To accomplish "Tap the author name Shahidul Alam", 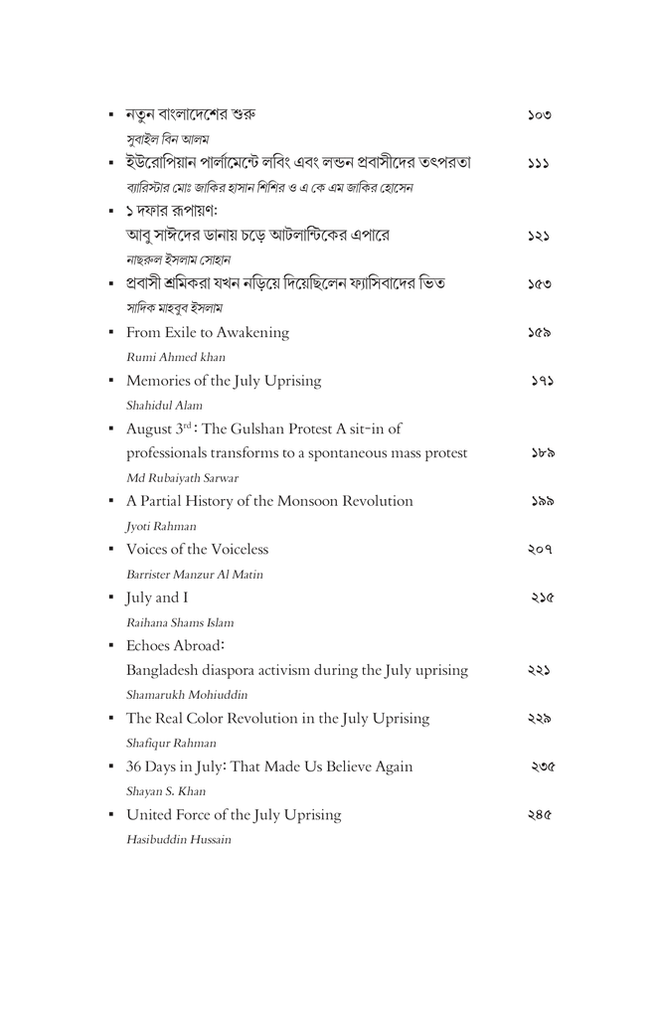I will click(x=164, y=405).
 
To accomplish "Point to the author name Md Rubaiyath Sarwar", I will click(x=182, y=477).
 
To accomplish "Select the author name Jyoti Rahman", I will click(x=161, y=526).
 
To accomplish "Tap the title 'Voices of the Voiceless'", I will click(x=197, y=550).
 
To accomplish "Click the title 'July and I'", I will click(x=157, y=597).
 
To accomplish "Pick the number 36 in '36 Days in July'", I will click(x=135, y=766).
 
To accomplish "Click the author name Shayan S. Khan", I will click(x=165, y=791).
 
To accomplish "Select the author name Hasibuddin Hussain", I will click(x=179, y=839).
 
